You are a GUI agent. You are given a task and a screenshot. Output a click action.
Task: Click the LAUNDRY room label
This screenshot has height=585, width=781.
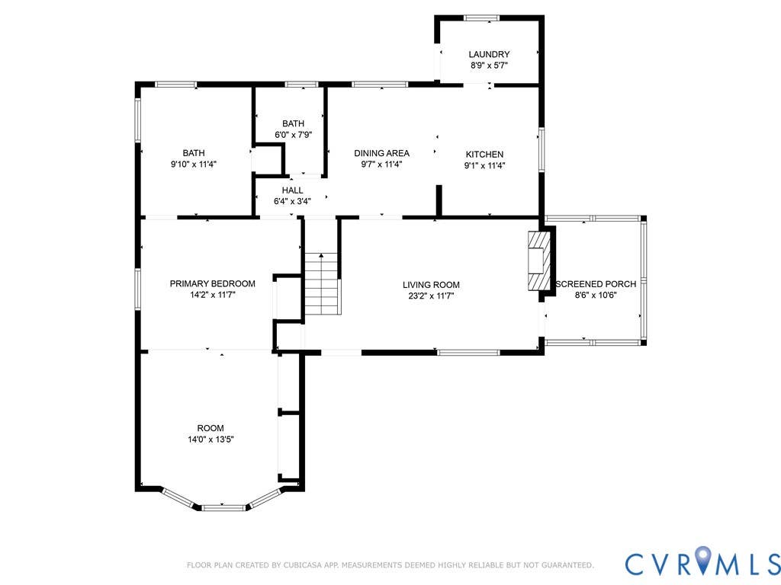pyautogui.click(x=489, y=54)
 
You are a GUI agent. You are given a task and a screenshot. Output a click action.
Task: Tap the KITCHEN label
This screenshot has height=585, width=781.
pyautogui.click(x=484, y=154)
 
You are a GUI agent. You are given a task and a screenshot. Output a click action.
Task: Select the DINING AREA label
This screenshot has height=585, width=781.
pyautogui.click(x=381, y=153)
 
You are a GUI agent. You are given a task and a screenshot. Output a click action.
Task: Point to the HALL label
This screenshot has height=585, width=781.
pyautogui.click(x=292, y=190)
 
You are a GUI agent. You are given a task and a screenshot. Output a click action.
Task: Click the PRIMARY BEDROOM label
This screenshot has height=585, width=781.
pyautogui.click(x=212, y=283)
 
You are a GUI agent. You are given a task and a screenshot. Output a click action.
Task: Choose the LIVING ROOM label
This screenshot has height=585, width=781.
pyautogui.click(x=431, y=285)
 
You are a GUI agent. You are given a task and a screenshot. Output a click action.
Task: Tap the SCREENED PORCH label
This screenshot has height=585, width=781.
pyautogui.click(x=596, y=283)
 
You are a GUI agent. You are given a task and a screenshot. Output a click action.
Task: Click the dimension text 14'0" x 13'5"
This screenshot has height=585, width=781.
pyautogui.click(x=211, y=440)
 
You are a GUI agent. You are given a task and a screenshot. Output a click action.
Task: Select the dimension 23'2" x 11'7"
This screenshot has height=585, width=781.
pyautogui.click(x=431, y=296)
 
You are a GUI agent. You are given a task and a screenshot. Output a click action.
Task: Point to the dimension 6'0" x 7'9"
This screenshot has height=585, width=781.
pyautogui.click(x=294, y=134)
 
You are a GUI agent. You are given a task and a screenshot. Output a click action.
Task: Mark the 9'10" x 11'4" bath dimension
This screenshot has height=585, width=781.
pyautogui.click(x=193, y=165)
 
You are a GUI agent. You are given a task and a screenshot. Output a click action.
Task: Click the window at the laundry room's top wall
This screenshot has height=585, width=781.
pyautogui.click(x=482, y=18)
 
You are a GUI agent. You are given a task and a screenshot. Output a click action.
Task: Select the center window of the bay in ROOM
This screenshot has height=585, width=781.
pyautogui.click(x=223, y=507)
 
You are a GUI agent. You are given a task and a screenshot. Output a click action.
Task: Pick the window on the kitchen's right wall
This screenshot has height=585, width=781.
pyautogui.click(x=542, y=150)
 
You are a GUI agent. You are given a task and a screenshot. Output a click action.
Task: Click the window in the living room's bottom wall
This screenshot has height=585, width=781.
pyautogui.click(x=468, y=352)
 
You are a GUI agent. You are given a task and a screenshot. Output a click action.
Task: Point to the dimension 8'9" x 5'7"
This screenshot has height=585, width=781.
pyautogui.click(x=489, y=66)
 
